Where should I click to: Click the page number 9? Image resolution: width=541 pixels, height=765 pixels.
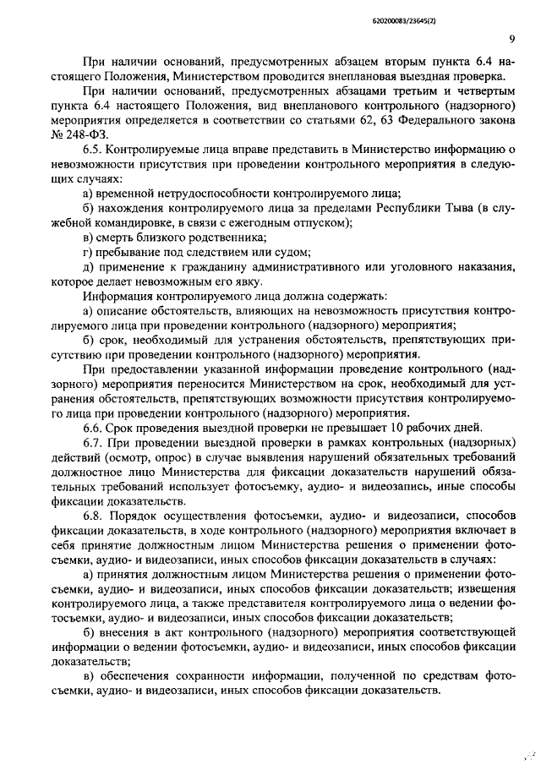coord(512,39)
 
